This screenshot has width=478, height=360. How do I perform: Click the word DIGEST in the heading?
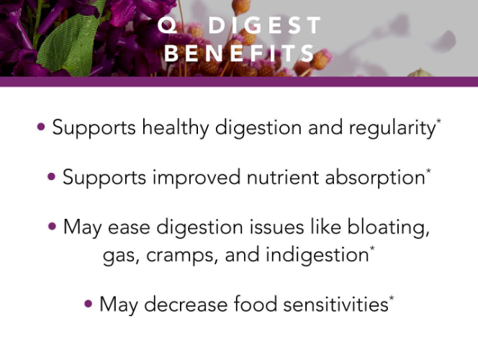coord(265,25)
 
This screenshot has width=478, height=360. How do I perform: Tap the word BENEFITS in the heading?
coord(240,53)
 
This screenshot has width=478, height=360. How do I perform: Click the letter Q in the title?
coord(167,25)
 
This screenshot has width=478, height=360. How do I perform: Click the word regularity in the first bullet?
coord(392,128)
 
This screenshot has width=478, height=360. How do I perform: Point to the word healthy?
coord(176,128)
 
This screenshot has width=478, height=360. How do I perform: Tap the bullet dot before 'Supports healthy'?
coord(41,127)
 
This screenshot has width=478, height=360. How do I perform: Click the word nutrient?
coord(283,177)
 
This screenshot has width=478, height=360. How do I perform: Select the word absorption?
coord(375,178)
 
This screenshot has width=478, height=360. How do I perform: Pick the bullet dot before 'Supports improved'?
coord(52,176)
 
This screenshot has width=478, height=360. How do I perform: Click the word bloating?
coord(389,228)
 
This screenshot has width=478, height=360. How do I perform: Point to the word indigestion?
coord(317,255)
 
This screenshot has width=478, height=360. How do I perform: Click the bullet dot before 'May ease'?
coord(52,227)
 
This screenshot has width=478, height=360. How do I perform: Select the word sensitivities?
coord(335,305)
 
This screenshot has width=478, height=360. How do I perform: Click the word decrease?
coord(186,305)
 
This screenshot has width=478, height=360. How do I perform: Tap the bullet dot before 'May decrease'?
coord(88,304)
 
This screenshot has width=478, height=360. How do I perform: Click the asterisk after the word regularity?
coord(438,121)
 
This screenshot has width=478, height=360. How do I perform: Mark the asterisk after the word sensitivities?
coord(392,298)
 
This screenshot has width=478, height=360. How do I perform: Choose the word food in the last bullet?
coord(255,304)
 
